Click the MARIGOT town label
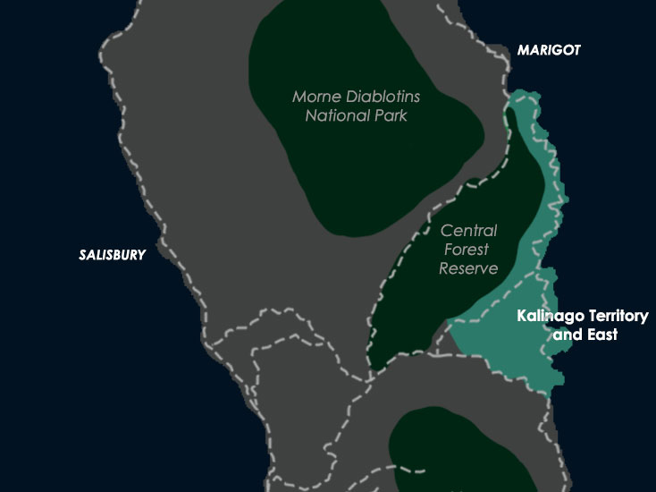(x=549, y=51)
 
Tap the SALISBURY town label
(x=112, y=255)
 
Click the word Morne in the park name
(x=314, y=97)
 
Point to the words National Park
(x=356, y=115)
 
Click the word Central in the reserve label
(x=470, y=231)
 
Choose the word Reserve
(x=468, y=268)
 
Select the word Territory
(x=618, y=317)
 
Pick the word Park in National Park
(x=389, y=115)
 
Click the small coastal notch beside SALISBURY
(x=158, y=243)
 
